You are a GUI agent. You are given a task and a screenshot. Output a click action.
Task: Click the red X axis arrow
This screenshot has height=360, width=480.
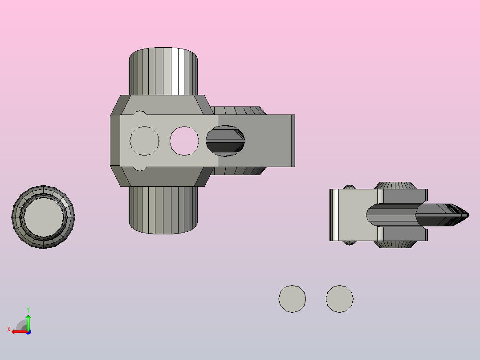point(20,332)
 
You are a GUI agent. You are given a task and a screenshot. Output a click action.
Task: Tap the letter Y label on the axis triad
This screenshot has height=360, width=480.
point(28,310)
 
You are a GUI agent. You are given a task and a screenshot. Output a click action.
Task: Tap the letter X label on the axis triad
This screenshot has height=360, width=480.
point(9,329)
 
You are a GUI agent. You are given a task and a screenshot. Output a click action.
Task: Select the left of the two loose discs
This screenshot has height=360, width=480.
point(292,299)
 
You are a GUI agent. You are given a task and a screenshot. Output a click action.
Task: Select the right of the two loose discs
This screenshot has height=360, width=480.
point(339,299)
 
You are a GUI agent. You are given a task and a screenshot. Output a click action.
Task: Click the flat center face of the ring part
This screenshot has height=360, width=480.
point(44,217)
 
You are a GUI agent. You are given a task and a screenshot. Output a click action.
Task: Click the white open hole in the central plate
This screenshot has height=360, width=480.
point(184,141)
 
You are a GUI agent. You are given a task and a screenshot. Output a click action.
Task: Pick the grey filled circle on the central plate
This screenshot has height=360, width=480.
point(144,141)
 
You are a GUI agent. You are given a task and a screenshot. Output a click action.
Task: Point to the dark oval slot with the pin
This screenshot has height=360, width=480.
point(225,141)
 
